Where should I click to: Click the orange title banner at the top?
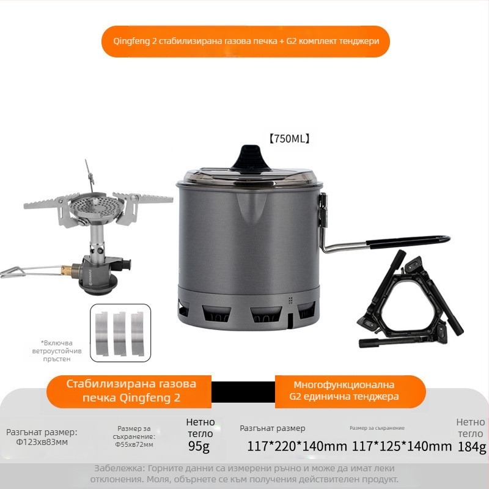click(x=244, y=42)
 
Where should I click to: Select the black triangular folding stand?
click(x=410, y=300)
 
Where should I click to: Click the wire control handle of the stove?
click(x=21, y=269)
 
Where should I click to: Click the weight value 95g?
click(x=199, y=447)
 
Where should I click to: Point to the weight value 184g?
click(x=472, y=447)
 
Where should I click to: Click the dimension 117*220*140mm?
click(x=297, y=446)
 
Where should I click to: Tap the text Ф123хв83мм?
click(x=42, y=442)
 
